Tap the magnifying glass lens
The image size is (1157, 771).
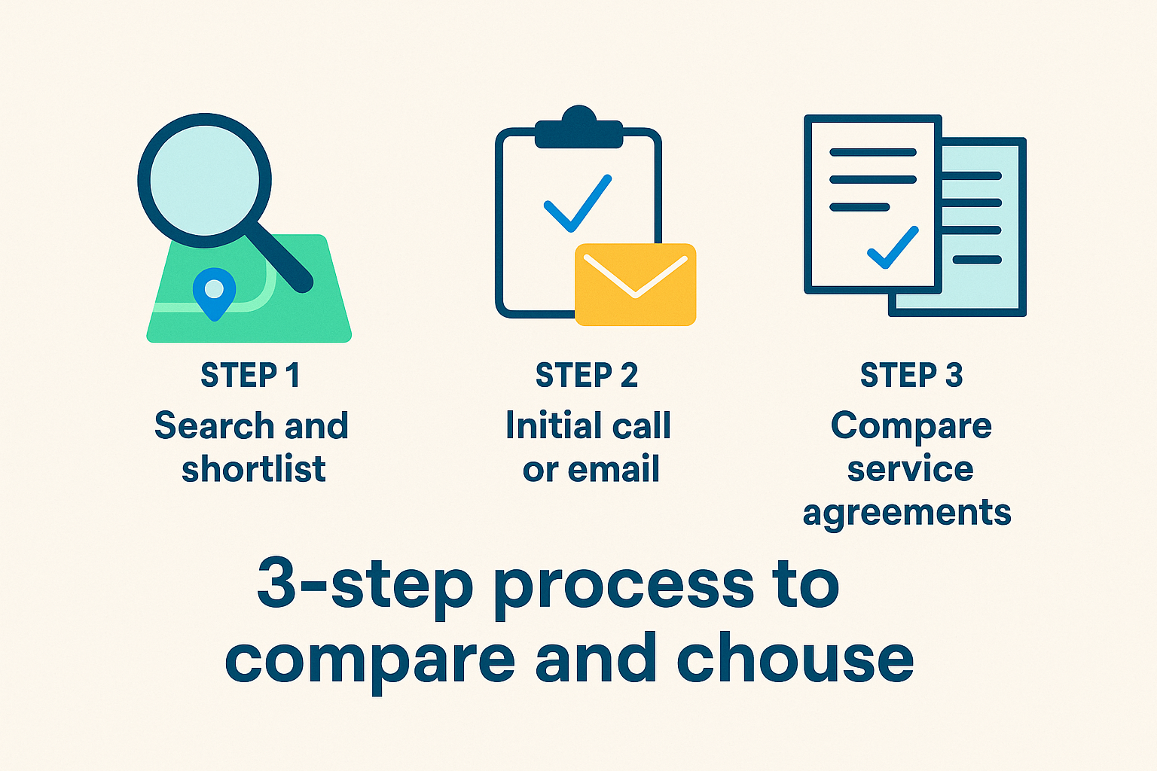pos(205,180)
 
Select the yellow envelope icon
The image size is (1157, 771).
pos(635,285)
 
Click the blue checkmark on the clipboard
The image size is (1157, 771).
pos(578,203)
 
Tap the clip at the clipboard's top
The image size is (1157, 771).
pos(578,127)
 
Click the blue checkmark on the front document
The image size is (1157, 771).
pos(893,248)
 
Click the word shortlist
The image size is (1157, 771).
pos(254,468)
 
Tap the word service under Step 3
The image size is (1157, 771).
pos(910,469)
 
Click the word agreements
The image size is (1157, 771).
pos(907,513)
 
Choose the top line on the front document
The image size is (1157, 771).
pos(873,152)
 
